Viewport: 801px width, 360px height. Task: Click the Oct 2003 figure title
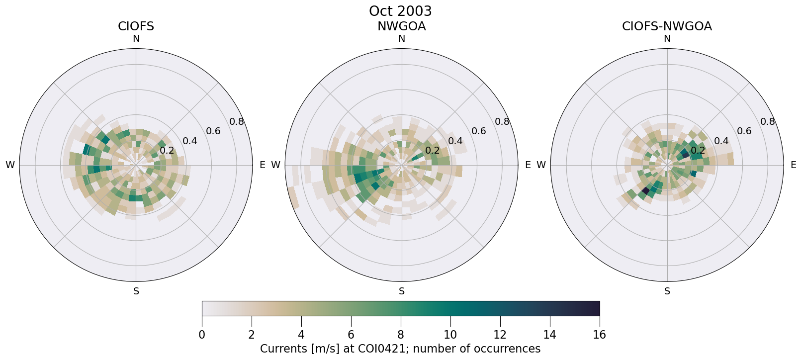(x=400, y=11)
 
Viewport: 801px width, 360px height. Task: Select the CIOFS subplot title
(x=136, y=26)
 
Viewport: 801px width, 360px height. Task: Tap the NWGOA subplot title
(x=401, y=26)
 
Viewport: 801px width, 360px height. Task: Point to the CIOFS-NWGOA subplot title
(x=667, y=26)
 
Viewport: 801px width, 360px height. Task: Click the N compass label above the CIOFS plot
(x=136, y=39)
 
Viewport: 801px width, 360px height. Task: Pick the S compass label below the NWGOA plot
(x=402, y=291)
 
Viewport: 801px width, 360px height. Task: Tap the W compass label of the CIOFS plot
(x=10, y=165)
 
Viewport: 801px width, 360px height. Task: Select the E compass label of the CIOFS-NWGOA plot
(x=793, y=165)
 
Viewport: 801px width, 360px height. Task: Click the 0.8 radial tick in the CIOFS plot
(x=237, y=122)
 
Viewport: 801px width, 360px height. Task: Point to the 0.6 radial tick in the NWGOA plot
(x=479, y=131)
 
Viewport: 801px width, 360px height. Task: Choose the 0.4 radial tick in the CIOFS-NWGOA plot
(x=721, y=141)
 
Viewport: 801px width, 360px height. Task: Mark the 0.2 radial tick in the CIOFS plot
(x=167, y=151)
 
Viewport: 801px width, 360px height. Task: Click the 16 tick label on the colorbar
(x=600, y=335)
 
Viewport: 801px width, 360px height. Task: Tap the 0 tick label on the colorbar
(x=202, y=335)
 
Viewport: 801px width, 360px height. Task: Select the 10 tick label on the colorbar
(x=450, y=335)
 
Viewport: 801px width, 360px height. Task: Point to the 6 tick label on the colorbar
(x=351, y=335)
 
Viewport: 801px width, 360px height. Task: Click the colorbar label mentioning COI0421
(x=400, y=349)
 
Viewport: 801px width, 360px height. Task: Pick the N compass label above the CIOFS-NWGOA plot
(x=667, y=39)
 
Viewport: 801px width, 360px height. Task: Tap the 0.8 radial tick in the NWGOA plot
(x=502, y=122)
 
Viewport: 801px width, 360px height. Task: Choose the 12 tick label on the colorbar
(x=500, y=335)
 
